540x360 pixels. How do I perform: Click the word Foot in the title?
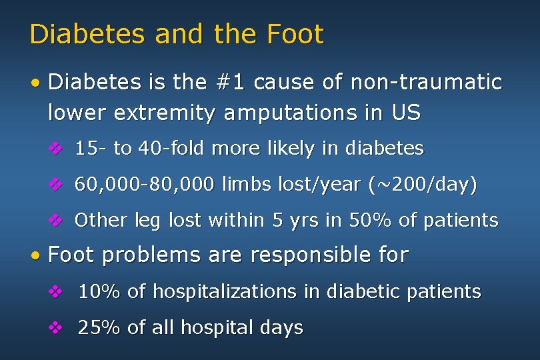pos(295,34)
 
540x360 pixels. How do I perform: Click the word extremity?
pos(165,113)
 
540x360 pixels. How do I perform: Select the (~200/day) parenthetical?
pos(422,184)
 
